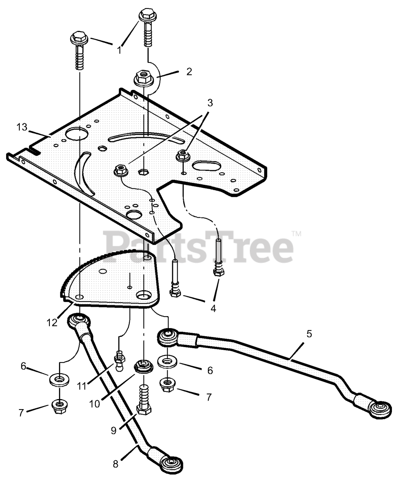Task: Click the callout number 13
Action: pyautogui.click(x=22, y=127)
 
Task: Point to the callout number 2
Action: pyautogui.click(x=189, y=71)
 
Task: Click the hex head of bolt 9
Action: pyautogui.click(x=144, y=409)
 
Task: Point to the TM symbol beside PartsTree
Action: pyautogui.click(x=296, y=234)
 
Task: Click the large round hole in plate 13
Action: pyautogui.click(x=77, y=135)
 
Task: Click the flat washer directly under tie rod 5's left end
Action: pyautogui.click(x=168, y=362)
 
